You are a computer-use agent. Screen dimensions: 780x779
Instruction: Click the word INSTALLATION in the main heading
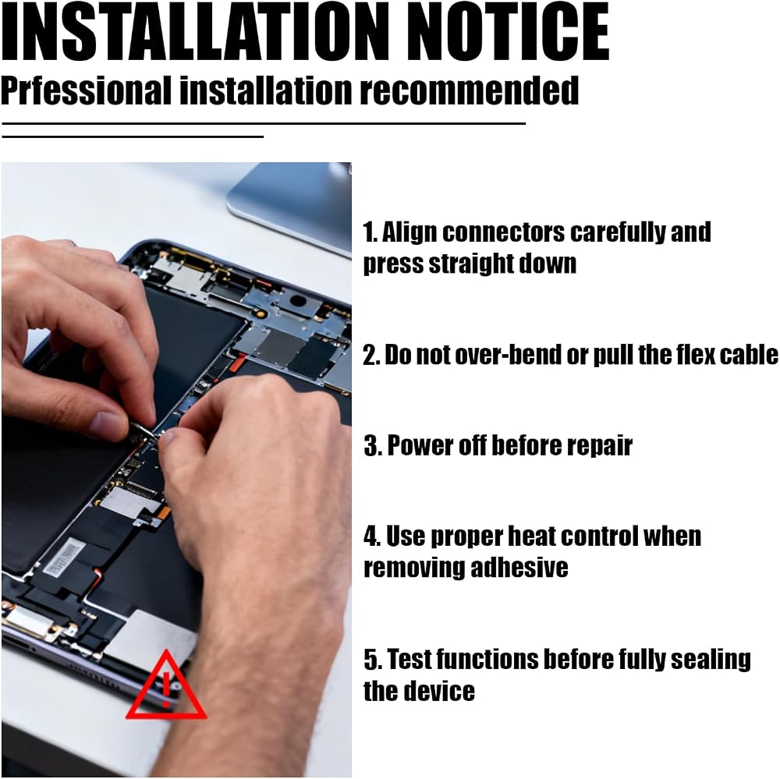195,32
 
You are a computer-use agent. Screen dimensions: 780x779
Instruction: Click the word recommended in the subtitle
469,90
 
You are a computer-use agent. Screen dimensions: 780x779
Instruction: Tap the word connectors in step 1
503,233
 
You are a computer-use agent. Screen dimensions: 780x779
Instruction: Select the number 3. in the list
373,445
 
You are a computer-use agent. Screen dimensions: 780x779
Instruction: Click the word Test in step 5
409,659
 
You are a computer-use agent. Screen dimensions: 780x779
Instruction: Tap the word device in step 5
441,691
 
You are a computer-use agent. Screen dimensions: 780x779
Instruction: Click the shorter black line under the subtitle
133,136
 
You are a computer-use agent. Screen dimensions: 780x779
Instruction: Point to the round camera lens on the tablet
297,300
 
